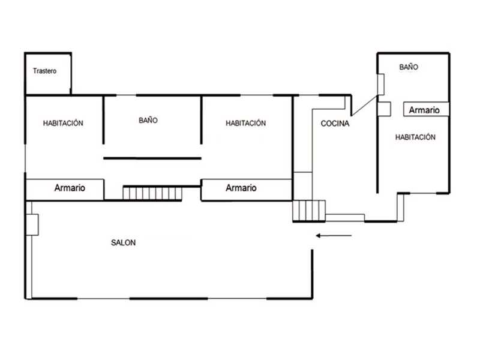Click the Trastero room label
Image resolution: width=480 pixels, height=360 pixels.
click(44, 71)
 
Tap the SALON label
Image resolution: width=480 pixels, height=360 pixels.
click(123, 243)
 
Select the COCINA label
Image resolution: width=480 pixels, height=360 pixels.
click(335, 124)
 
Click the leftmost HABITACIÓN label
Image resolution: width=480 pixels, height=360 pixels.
click(63, 123)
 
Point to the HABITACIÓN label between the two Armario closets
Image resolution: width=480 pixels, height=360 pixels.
click(245, 123)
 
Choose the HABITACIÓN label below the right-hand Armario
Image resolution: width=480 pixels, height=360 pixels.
click(415, 137)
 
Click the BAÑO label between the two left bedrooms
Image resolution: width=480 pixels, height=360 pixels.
click(148, 121)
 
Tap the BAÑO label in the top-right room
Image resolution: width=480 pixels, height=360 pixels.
click(409, 67)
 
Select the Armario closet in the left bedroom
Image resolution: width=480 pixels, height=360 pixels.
click(65, 190)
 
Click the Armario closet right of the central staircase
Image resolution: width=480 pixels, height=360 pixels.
click(247, 190)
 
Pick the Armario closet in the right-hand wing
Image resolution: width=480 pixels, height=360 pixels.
click(426, 109)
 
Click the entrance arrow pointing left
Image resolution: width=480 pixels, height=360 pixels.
click(334, 236)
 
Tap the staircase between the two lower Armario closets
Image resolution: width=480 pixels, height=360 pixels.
click(152, 193)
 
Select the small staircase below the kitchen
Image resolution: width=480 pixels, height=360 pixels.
click(309, 211)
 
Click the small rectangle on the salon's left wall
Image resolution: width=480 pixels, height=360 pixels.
click(32, 224)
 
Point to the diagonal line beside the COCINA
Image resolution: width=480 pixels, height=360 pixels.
click(365, 106)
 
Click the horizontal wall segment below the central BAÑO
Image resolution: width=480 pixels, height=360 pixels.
click(152, 158)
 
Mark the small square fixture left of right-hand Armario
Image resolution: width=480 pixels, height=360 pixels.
click(384, 109)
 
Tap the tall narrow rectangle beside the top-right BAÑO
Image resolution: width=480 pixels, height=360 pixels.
click(381, 85)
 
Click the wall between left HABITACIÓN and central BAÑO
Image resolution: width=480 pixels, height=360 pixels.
click(103, 119)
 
